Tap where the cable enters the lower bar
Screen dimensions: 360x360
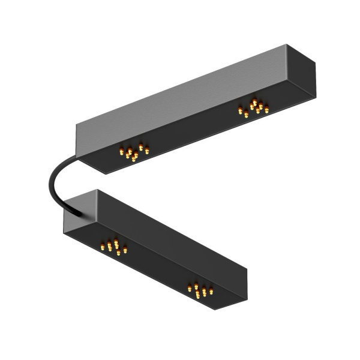(x=78, y=212)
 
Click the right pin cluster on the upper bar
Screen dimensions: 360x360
(x=254, y=107)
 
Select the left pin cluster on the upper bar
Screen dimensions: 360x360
(x=134, y=152)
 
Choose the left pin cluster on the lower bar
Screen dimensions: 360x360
(x=114, y=246)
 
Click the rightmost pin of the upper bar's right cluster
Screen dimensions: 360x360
(x=266, y=109)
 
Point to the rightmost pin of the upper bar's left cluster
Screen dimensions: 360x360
(x=147, y=149)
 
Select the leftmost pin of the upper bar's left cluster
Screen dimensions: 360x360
(x=121, y=152)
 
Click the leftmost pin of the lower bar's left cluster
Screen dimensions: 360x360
(x=103, y=246)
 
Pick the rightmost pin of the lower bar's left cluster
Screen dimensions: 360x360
(x=125, y=248)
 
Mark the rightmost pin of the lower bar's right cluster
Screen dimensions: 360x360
(x=211, y=291)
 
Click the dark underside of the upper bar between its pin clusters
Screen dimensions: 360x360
(x=192, y=129)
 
